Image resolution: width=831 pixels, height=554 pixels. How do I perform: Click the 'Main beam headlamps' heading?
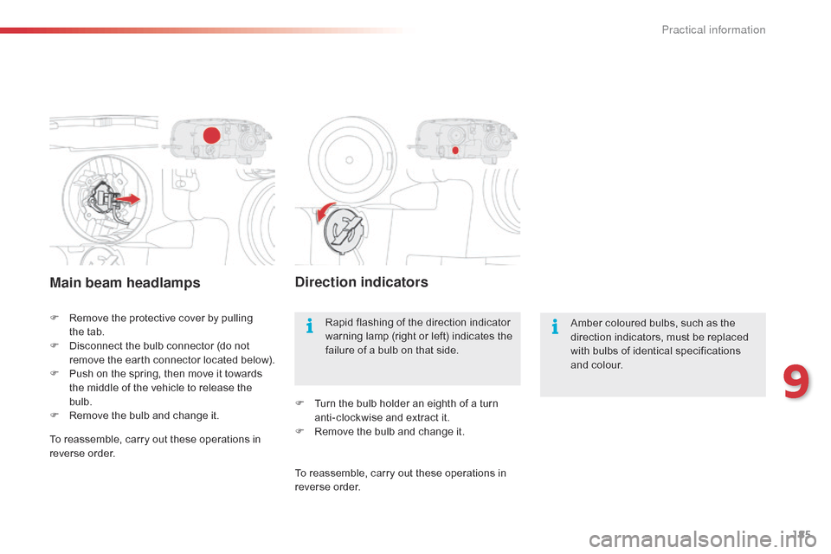(x=125, y=282)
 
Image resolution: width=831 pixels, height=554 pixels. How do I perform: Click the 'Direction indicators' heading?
(x=362, y=282)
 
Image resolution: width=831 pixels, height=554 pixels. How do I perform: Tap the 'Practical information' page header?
(x=713, y=29)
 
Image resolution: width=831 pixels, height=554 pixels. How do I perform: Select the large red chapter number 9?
(x=796, y=381)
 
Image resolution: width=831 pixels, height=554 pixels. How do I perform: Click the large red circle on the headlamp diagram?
(x=211, y=135)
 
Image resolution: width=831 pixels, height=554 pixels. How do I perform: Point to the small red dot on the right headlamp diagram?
(x=455, y=151)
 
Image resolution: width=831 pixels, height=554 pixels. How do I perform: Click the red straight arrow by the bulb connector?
(x=128, y=199)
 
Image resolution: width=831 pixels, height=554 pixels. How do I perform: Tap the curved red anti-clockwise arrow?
(x=323, y=212)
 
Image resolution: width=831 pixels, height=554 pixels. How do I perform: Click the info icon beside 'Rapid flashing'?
(x=310, y=325)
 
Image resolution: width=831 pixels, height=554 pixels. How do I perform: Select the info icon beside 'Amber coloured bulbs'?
(x=555, y=326)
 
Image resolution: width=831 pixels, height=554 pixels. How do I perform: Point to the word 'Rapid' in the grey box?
(x=338, y=322)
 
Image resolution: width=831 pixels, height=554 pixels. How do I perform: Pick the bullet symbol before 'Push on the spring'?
(x=54, y=373)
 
